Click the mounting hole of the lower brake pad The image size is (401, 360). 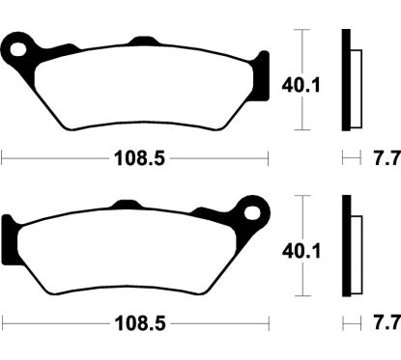click(255, 208)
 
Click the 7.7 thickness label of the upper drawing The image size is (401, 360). click(385, 155)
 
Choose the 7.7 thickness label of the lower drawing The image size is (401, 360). click(385, 319)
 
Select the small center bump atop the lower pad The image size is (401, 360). click(126, 205)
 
